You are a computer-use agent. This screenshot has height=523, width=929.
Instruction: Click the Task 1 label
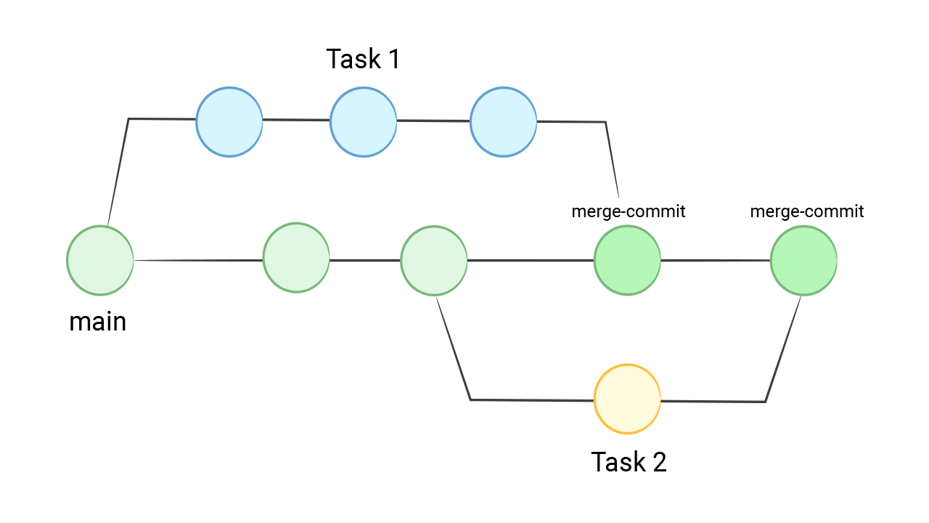pos(363,59)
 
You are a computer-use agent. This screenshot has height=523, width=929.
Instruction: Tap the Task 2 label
pos(629,462)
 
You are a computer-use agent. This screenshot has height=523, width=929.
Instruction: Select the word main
pos(98,321)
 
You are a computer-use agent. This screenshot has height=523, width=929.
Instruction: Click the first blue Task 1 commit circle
pos(229,122)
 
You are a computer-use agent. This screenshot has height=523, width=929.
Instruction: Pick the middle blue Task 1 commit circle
pos(364,122)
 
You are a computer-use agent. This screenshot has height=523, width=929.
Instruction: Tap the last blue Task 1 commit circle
pos(504,122)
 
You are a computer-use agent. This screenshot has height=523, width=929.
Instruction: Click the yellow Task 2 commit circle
pos(627,399)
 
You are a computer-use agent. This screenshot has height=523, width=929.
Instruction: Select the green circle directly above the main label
pos(100,260)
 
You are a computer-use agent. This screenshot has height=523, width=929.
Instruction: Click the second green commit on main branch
pos(296,258)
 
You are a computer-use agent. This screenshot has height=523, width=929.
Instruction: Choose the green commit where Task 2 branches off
pos(434,260)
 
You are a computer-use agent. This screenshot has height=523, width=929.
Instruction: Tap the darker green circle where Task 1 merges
pos(627,260)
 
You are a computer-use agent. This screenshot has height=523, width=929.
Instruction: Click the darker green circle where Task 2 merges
pos(803,260)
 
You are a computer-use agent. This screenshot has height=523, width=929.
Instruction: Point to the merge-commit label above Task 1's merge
pos(629,211)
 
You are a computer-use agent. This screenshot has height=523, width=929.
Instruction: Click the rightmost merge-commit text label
pos(806,211)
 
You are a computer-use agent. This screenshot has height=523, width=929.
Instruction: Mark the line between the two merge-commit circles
pos(715,260)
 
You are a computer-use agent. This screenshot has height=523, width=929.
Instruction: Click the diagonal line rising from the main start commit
pos(118,171)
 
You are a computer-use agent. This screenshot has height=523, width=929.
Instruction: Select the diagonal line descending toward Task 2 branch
pos(454,349)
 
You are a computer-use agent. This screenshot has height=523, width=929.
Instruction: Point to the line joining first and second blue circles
pos(296,120)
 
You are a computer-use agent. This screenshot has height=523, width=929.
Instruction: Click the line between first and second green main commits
pos(198,260)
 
